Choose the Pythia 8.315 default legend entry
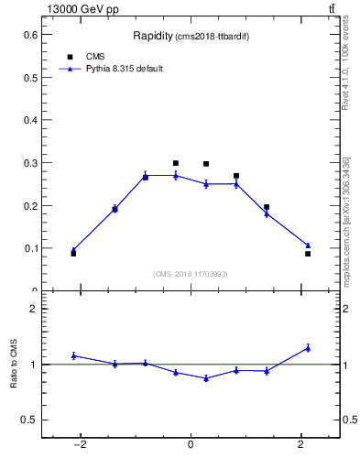tap(124, 69)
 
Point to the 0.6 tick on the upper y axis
tap(32, 34)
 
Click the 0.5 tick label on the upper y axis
tap(32, 77)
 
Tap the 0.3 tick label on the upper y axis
tap(32, 162)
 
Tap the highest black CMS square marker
tap(176, 163)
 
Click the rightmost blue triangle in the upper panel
tap(308, 245)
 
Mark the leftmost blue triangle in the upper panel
tap(73, 249)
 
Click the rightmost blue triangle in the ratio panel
tap(308, 348)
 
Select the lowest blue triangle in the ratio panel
tap(206, 378)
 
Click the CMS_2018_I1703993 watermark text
tap(191, 273)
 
